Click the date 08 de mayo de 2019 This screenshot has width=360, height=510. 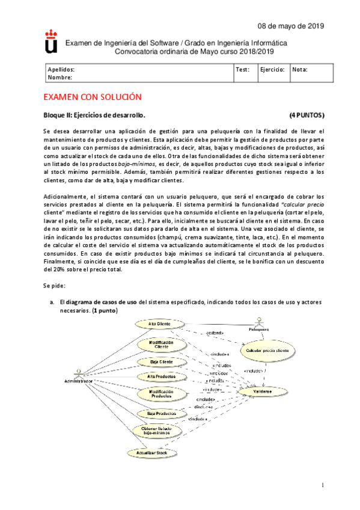click(x=291, y=26)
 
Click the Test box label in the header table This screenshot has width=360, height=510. click(x=243, y=70)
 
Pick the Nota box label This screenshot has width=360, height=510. click(x=299, y=70)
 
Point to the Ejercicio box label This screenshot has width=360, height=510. click(x=272, y=70)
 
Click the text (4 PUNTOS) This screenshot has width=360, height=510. click(x=307, y=115)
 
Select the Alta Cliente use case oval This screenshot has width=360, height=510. click(x=159, y=324)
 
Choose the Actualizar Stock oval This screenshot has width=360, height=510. click(x=151, y=452)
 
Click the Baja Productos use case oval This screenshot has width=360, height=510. click(x=157, y=414)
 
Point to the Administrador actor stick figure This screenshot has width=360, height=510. click(x=78, y=371)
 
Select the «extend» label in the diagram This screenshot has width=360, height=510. click(x=215, y=333)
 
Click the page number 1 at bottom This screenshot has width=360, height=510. click(x=322, y=485)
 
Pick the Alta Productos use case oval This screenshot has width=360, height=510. click(x=156, y=376)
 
